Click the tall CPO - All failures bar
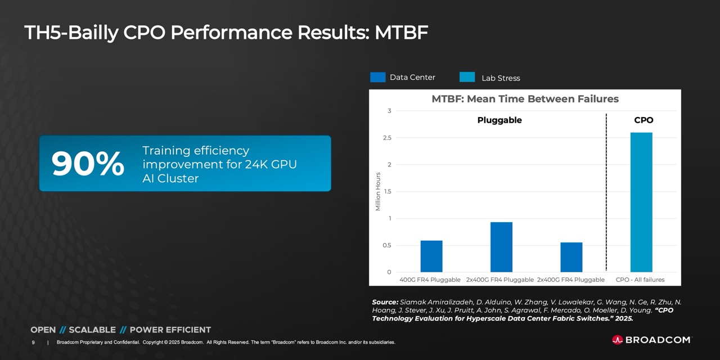(x=641, y=202)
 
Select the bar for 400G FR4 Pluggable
(x=431, y=256)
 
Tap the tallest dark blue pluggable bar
(x=501, y=247)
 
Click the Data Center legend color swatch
(x=377, y=78)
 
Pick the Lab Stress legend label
(x=501, y=78)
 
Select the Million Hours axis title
(x=378, y=191)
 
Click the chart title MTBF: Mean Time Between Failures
(x=525, y=99)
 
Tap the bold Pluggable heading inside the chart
(x=499, y=120)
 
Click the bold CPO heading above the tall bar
(x=643, y=120)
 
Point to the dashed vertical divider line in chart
(x=606, y=191)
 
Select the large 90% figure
(x=88, y=164)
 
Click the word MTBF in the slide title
(x=401, y=33)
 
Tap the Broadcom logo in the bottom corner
(x=651, y=340)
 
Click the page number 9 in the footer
(x=33, y=342)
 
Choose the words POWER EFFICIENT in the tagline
(x=170, y=330)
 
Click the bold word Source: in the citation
(x=385, y=302)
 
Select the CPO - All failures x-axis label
(x=640, y=280)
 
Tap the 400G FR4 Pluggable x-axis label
(x=430, y=280)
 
